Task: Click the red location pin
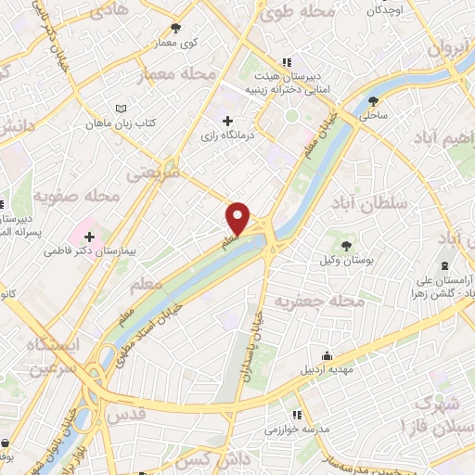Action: [x=238, y=217]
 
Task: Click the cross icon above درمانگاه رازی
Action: [x=228, y=121]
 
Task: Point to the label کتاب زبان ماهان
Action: [x=120, y=122]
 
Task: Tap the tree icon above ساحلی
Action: [x=374, y=101]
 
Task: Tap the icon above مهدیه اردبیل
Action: [x=326, y=355]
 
